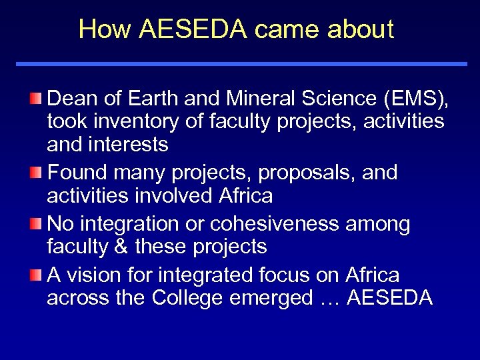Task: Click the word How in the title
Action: (x=100, y=30)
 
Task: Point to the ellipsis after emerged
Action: (x=330, y=297)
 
